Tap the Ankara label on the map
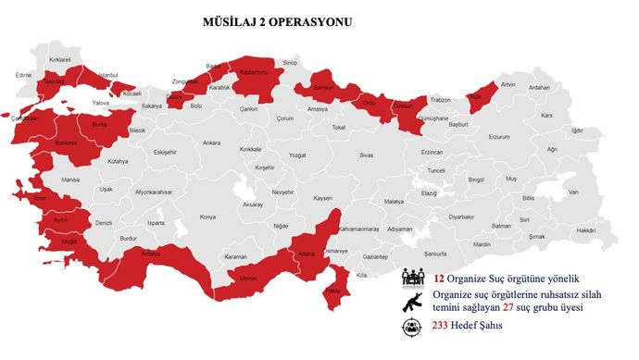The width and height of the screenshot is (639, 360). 212,143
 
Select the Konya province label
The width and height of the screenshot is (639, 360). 207,217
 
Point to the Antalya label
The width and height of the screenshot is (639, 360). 151,253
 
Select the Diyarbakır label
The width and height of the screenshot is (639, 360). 461,216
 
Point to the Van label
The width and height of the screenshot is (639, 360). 573,192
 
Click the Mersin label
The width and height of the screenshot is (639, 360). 248,277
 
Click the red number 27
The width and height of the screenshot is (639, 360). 508,307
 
